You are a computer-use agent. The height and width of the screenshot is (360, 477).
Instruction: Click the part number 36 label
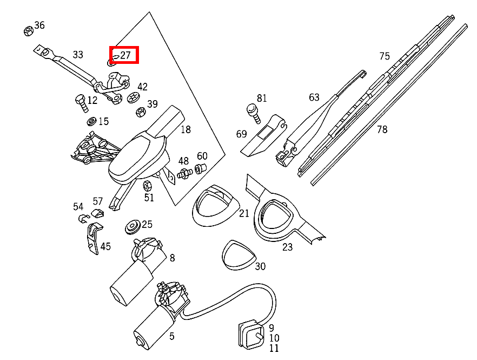[39, 25]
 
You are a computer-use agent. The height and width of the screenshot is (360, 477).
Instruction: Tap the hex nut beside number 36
[27, 30]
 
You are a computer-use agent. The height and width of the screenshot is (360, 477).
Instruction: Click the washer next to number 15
[91, 120]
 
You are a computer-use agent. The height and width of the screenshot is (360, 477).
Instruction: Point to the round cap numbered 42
[134, 97]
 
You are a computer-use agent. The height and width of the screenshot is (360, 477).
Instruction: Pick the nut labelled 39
[139, 112]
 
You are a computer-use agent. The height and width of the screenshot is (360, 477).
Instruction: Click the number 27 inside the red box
[125, 55]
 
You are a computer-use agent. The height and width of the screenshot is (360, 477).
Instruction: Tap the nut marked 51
[147, 186]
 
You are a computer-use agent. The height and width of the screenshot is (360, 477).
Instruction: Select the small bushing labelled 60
[198, 169]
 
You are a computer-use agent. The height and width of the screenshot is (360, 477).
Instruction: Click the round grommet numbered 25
[132, 226]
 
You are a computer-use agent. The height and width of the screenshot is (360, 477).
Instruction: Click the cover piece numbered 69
[265, 135]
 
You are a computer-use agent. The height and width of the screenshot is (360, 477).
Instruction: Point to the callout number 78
[382, 129]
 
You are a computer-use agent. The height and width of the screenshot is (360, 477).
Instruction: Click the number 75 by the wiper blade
[385, 56]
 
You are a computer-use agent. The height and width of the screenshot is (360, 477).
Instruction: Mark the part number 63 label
[314, 97]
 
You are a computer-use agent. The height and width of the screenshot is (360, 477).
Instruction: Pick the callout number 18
[186, 129]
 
